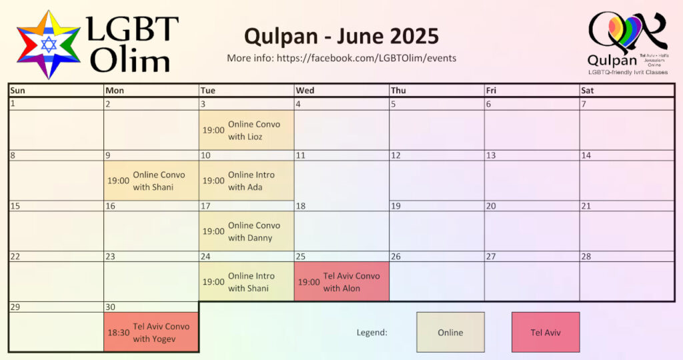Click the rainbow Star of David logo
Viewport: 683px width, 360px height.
48,45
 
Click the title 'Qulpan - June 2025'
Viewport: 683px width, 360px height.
341,36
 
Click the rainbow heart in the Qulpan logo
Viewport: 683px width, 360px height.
625,31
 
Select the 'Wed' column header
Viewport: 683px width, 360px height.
305,91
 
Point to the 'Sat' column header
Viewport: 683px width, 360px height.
587,91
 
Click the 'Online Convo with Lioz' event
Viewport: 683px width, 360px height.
247,130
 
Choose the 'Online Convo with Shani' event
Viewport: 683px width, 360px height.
151,181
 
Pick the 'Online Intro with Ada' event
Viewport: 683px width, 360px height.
247,181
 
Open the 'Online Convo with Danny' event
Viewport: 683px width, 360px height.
247,231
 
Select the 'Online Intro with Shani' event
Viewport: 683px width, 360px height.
247,281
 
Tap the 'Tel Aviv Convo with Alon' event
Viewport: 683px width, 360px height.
341,281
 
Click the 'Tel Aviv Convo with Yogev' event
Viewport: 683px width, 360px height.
151,332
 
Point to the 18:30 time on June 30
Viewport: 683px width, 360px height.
119,333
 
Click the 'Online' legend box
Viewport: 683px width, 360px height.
450,332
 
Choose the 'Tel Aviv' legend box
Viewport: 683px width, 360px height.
546,332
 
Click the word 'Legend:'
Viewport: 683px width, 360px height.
372,333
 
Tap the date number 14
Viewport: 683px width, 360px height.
586,155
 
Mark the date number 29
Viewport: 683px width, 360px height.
15,307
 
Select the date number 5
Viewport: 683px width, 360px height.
394,104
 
